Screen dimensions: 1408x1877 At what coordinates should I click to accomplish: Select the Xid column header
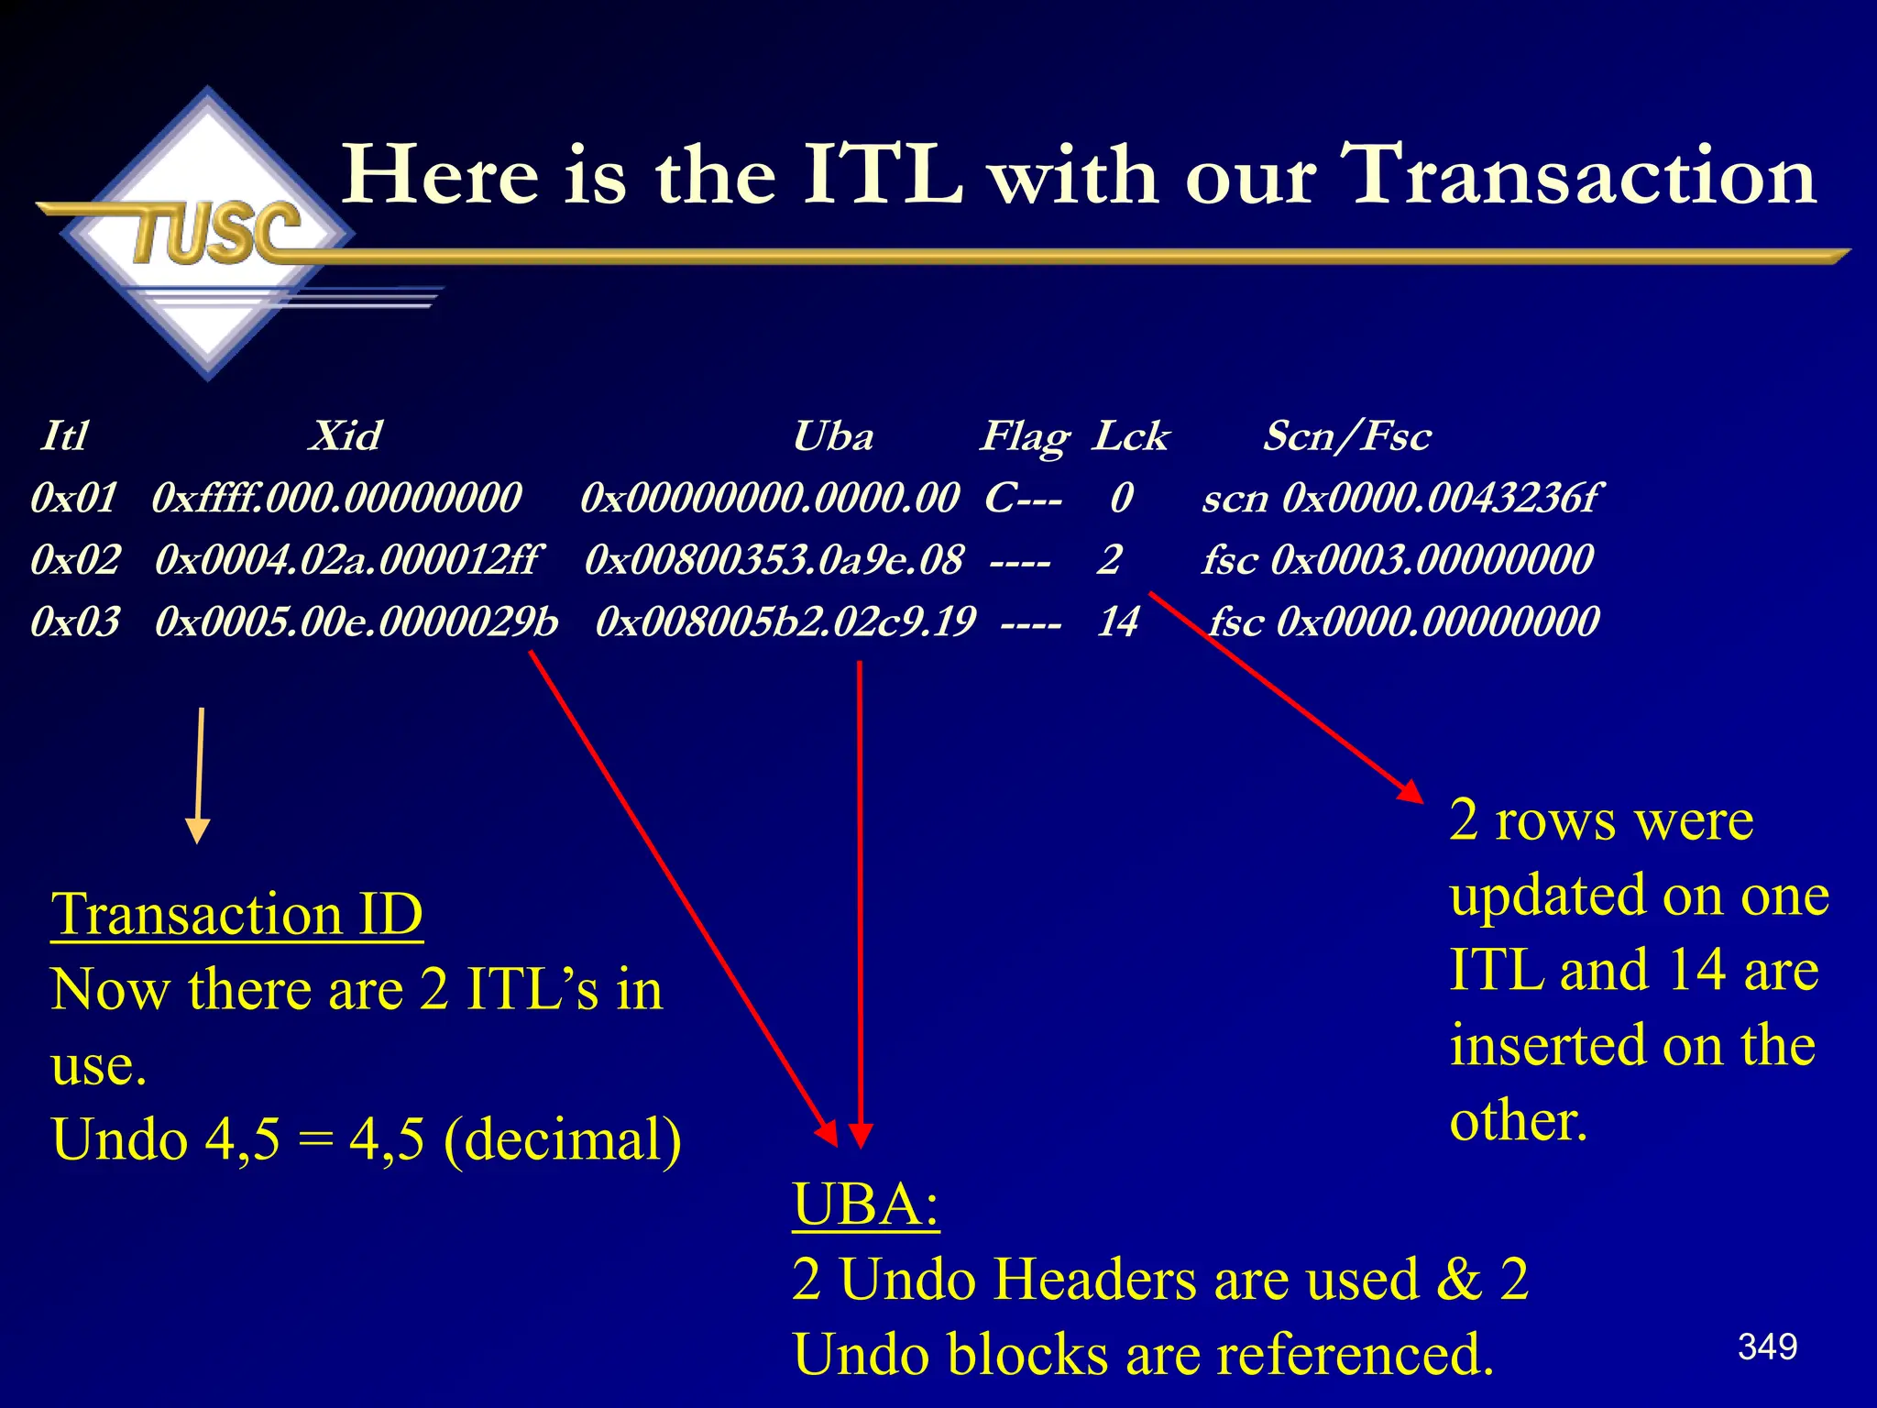click(x=345, y=435)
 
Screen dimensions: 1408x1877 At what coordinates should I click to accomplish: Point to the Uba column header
click(x=832, y=435)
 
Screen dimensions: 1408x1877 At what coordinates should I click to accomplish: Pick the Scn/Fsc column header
click(x=1346, y=435)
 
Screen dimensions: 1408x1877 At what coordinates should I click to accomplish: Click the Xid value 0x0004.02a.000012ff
click(x=347, y=559)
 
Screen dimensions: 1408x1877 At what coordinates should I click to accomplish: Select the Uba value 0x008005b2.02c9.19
click(x=785, y=621)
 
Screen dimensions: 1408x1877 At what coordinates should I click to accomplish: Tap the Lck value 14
click(x=1117, y=621)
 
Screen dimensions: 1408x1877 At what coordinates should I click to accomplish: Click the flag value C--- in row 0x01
click(x=1023, y=498)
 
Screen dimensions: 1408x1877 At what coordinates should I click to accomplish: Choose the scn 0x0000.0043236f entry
click(x=1401, y=498)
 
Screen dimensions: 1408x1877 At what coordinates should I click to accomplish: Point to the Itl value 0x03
click(x=75, y=621)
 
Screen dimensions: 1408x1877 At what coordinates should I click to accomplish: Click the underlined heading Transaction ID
click(x=237, y=914)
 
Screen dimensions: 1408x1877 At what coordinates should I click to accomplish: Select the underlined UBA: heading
click(x=866, y=1204)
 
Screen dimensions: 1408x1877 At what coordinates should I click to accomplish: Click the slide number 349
click(x=1767, y=1347)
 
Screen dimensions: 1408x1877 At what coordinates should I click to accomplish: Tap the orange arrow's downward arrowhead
click(x=198, y=830)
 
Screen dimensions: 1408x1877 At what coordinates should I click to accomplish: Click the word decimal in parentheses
click(x=563, y=1139)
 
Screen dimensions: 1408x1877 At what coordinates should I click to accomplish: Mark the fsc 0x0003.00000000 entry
click(x=1398, y=559)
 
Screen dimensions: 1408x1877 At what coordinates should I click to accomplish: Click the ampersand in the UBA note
click(x=1458, y=1279)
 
